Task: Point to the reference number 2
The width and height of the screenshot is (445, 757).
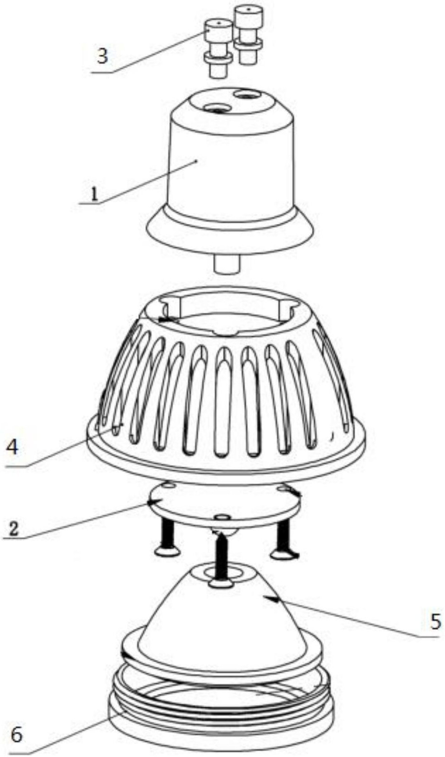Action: point(13,529)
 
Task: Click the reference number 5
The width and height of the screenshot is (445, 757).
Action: point(435,621)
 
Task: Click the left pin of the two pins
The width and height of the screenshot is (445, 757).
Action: point(218,48)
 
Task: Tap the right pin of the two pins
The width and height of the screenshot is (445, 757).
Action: point(249,35)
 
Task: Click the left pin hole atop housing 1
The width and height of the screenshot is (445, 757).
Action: point(217,108)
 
